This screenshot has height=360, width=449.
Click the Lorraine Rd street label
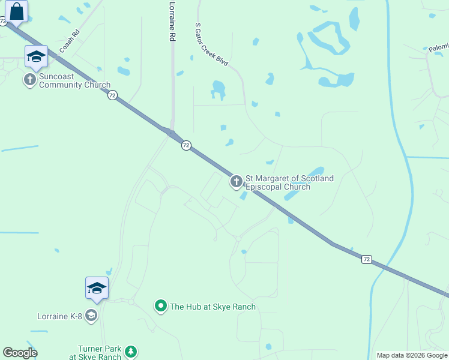pyautogui.click(x=172, y=21)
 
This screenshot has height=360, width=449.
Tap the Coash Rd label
pyautogui.click(x=69, y=41)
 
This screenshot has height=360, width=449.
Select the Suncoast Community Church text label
pyautogui.click(x=74, y=80)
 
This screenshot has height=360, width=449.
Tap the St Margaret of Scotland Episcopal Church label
pyautogui.click(x=289, y=182)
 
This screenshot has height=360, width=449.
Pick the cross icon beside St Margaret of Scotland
pyautogui.click(x=236, y=181)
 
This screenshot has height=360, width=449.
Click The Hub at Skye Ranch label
pyautogui.click(x=212, y=307)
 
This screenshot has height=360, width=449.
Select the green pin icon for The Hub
pyautogui.click(x=160, y=307)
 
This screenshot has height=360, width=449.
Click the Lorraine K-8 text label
pyautogui.click(x=59, y=316)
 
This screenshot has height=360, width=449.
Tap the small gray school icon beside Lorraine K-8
pyautogui.click(x=91, y=316)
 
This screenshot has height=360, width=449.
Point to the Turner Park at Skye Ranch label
pyautogui.click(x=100, y=353)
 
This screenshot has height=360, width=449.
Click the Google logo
pyautogui.click(x=20, y=353)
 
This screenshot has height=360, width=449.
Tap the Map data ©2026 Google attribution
pyautogui.click(x=412, y=355)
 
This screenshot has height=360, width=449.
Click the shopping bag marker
pyautogui.click(x=17, y=11)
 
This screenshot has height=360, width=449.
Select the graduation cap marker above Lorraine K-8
pyautogui.click(x=97, y=288)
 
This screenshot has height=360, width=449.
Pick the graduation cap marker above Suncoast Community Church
pyautogui.click(x=36, y=56)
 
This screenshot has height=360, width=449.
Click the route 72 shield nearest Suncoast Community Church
pyautogui.click(x=112, y=95)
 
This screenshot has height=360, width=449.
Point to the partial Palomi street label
pyautogui.click(x=438, y=47)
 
